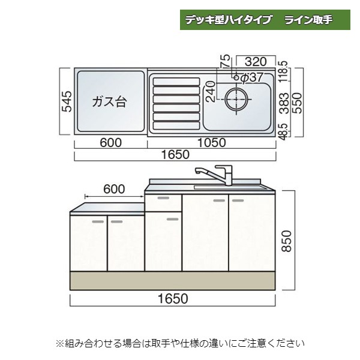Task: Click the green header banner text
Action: tap(266, 19)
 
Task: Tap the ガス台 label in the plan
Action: tap(109, 101)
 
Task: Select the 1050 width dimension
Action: tap(211, 142)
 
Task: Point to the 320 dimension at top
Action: tap(256, 61)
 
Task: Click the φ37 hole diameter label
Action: tap(253, 77)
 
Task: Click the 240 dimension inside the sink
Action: tap(211, 94)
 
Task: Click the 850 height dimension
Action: tap(287, 241)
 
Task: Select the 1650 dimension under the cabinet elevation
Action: tap(173, 298)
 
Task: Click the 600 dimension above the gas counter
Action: tap(114, 189)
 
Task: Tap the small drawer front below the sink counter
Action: tap(163, 202)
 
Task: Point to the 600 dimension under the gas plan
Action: tap(110, 142)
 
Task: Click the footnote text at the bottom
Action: tap(180, 344)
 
